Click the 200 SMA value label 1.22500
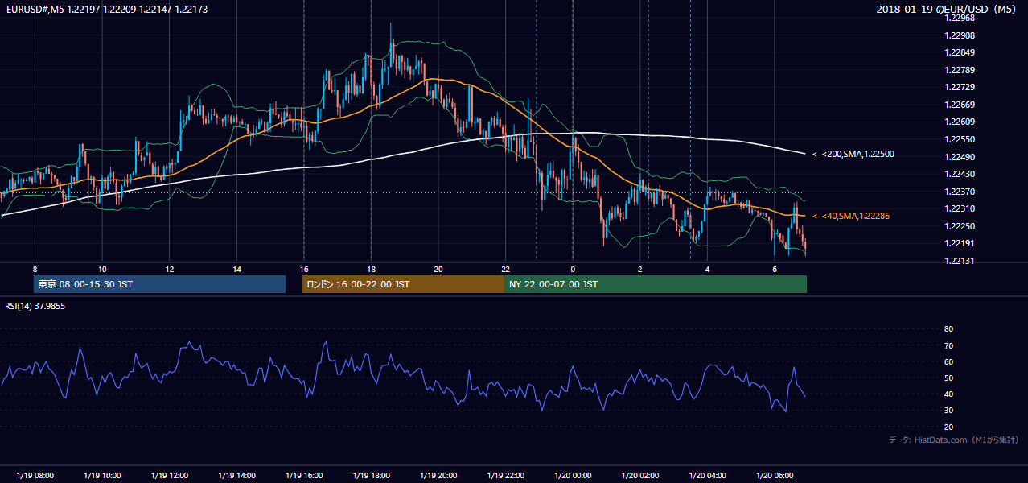pos(853,155)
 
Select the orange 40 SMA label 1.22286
pos(851,216)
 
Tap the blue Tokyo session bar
pos(160,284)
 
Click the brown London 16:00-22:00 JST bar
pos(404,284)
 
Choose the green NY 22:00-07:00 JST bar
pos(656,284)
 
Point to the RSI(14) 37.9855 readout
pos(35,306)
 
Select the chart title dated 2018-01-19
pos(946,9)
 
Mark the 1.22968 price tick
pos(960,19)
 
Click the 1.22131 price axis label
pos(960,261)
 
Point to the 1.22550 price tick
pos(960,139)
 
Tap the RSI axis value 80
pos(948,328)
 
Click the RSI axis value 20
pos(948,427)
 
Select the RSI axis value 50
pos(948,378)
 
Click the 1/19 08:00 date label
pos(35,475)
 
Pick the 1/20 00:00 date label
pos(573,475)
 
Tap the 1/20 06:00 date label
pos(775,475)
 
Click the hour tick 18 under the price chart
pos(372,270)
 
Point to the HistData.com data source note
pos(953,440)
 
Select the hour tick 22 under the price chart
pos(505,270)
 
